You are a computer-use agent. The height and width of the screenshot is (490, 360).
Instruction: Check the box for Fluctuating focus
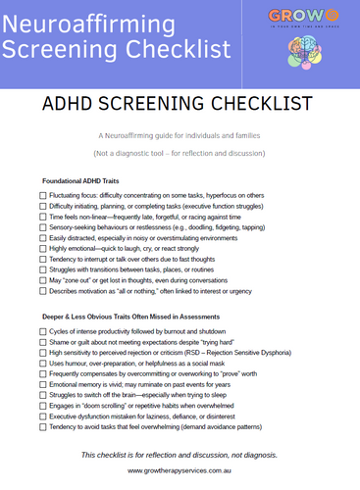42,196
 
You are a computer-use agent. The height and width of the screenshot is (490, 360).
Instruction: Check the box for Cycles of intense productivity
42,332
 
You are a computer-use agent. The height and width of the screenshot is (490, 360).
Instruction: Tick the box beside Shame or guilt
42,343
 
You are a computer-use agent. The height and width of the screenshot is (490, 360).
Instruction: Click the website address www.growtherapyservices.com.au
180,470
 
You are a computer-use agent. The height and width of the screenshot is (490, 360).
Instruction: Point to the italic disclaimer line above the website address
180,454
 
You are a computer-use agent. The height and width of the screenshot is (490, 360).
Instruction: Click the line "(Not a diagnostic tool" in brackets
179,155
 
